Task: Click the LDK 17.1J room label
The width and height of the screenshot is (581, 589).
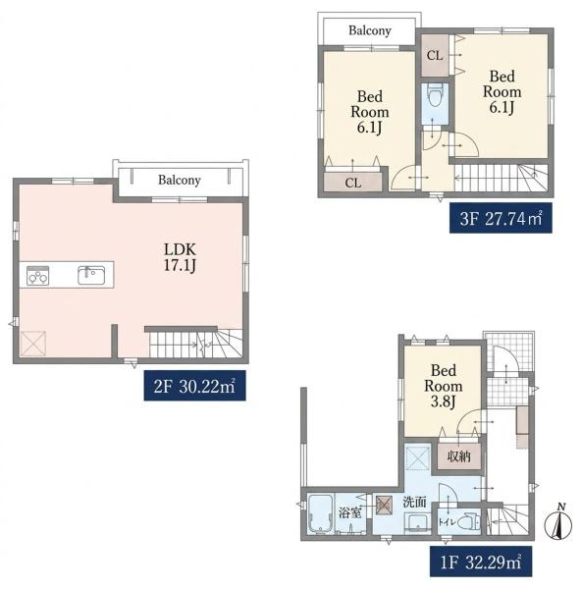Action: [180, 257]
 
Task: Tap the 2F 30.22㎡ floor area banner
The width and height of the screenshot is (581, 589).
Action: [194, 386]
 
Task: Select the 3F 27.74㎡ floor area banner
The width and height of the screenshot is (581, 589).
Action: [501, 218]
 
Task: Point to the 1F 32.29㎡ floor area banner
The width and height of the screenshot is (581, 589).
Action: [481, 562]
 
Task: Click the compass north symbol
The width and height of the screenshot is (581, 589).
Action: [558, 522]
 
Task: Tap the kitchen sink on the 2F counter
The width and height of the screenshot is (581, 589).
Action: [91, 275]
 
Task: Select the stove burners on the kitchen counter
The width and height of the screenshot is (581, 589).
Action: [37, 275]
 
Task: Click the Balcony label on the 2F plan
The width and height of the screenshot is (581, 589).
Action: [180, 180]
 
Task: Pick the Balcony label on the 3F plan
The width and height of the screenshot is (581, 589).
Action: [370, 30]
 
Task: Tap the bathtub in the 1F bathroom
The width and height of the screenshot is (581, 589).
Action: [320, 513]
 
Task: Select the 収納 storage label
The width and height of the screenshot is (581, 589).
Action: [459, 456]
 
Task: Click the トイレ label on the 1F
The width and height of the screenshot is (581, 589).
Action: [448, 522]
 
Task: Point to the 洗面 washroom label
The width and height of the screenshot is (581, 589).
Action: [414, 502]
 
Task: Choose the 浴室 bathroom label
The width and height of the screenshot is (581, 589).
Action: [350, 512]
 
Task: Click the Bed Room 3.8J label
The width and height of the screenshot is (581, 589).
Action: [444, 386]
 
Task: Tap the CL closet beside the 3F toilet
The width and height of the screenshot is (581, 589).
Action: [435, 56]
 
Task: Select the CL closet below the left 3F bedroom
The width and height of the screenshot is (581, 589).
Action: [353, 183]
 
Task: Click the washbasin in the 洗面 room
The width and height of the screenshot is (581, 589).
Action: [418, 523]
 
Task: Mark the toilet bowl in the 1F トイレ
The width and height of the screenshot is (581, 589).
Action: [470, 522]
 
